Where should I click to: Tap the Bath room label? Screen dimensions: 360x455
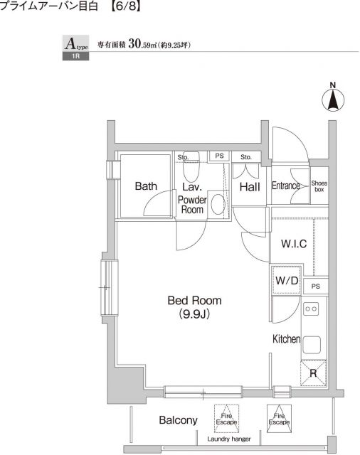click(x=146, y=186)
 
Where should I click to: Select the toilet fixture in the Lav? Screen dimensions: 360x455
click(x=191, y=167)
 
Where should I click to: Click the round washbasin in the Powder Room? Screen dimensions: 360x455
click(x=218, y=204)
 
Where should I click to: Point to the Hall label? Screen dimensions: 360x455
click(x=250, y=187)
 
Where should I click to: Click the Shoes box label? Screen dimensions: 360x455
click(x=319, y=186)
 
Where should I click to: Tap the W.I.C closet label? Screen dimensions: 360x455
click(x=294, y=243)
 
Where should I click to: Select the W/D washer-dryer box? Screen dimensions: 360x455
click(x=286, y=280)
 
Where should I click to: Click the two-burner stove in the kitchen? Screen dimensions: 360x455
click(x=311, y=309)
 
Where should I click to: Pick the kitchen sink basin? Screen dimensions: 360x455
click(x=312, y=345)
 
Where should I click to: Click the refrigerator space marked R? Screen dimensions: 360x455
click(x=313, y=373)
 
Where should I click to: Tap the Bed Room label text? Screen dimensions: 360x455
click(x=194, y=300)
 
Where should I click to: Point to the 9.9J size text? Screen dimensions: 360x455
click(x=194, y=314)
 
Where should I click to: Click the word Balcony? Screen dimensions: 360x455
click(x=179, y=420)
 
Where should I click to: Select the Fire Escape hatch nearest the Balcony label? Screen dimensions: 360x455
click(x=226, y=419)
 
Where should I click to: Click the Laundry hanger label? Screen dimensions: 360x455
click(x=229, y=439)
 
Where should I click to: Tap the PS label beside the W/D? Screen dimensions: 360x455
click(x=315, y=287)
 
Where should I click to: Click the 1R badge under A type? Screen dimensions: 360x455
click(x=76, y=56)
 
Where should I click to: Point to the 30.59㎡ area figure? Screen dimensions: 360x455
click(x=142, y=44)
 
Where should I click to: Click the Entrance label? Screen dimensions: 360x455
click(x=286, y=186)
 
